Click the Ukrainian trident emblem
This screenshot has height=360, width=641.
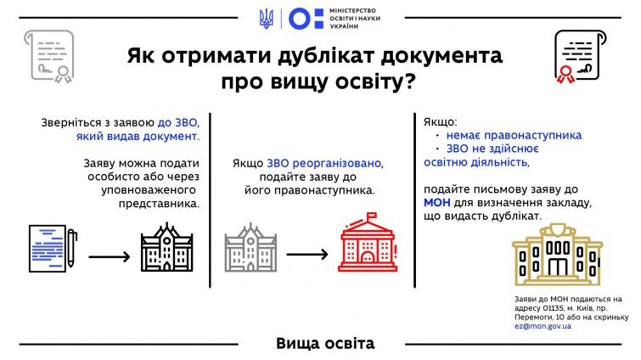pyautogui.click(x=266, y=19)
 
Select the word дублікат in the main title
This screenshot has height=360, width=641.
pyautogui.click(x=326, y=55)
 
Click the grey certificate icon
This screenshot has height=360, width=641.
pyautogui.click(x=49, y=56)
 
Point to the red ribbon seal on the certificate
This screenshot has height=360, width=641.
pyautogui.click(x=565, y=75)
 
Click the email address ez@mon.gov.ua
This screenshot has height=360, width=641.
pyautogui.click(x=543, y=326)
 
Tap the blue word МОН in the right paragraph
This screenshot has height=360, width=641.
pyautogui.click(x=436, y=203)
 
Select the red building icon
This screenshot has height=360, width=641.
pyautogui.click(x=367, y=242)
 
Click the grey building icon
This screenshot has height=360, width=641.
pyautogui.click(x=250, y=248)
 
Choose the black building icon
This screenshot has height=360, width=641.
pyautogui.click(x=166, y=247)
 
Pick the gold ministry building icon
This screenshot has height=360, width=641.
pyautogui.click(x=557, y=254)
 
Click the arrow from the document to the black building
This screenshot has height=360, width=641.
pyautogui.click(x=110, y=256)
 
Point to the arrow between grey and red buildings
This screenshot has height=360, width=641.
pyautogui.click(x=307, y=255)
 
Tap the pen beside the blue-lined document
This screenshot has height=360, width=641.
pyautogui.click(x=71, y=248)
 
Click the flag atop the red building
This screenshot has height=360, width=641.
pyautogui.click(x=371, y=217)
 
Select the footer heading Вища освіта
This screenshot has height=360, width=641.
pyautogui.click(x=325, y=343)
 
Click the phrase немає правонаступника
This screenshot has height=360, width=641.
pyautogui.click(x=514, y=135)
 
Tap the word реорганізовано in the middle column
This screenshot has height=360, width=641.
pyautogui.click(x=325, y=164)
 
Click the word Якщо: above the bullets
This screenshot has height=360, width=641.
pyautogui.click(x=441, y=122)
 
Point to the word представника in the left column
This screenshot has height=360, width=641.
pyautogui.click(x=159, y=204)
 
